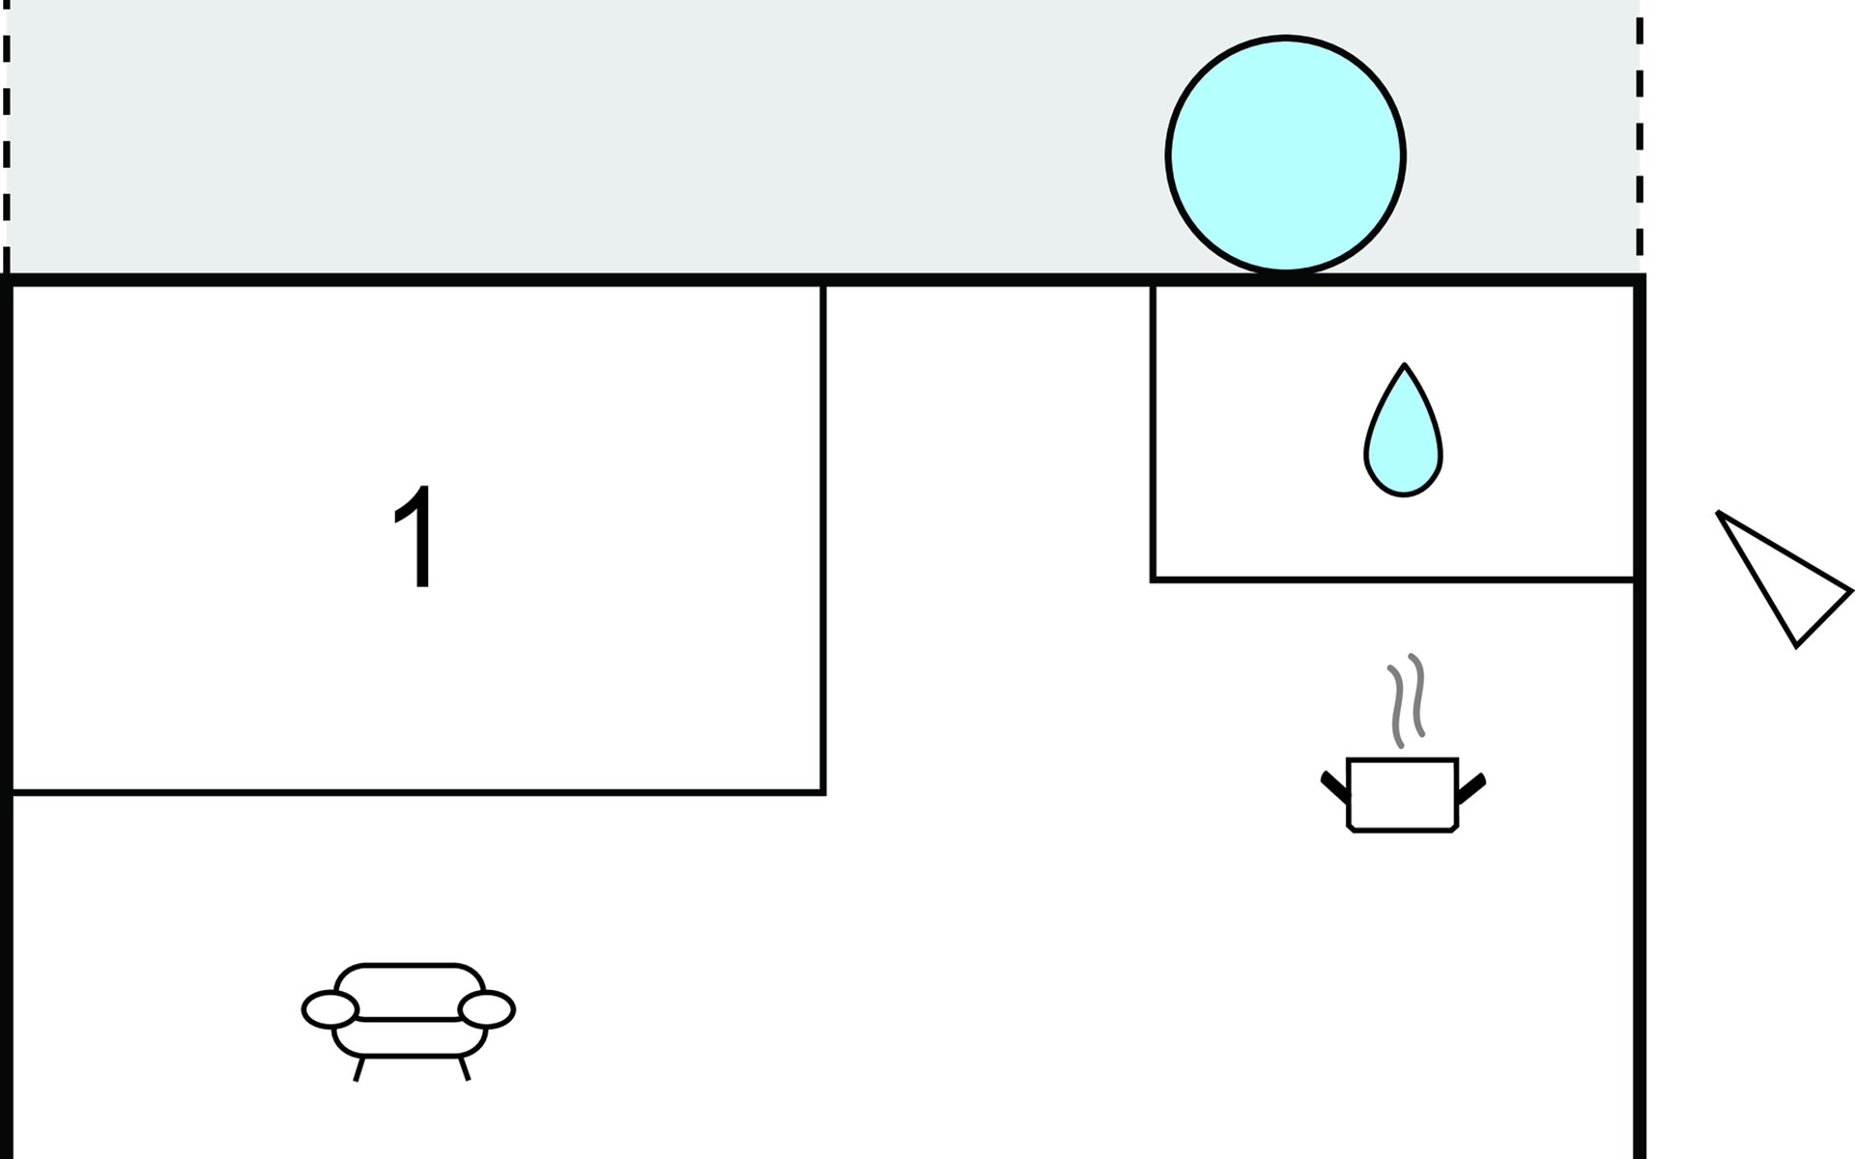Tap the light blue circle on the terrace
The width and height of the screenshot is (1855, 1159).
click(1285, 155)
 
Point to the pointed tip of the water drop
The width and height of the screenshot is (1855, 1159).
click(1404, 367)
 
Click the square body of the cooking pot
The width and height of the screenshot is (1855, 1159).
click(1402, 794)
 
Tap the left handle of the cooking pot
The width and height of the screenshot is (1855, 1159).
click(1334, 787)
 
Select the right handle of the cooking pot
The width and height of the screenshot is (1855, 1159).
click(1470, 787)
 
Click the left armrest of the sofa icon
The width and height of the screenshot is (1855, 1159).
click(330, 1009)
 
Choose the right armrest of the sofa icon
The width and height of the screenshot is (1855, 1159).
click(487, 1009)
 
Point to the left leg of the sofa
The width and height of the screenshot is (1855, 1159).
click(358, 1069)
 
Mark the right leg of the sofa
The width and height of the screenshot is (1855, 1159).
click(465, 1069)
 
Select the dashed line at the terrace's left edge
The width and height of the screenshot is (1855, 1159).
click(7, 135)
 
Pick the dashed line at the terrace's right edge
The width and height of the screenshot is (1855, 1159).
click(1640, 135)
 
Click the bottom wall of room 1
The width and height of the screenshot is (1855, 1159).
click(415, 792)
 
